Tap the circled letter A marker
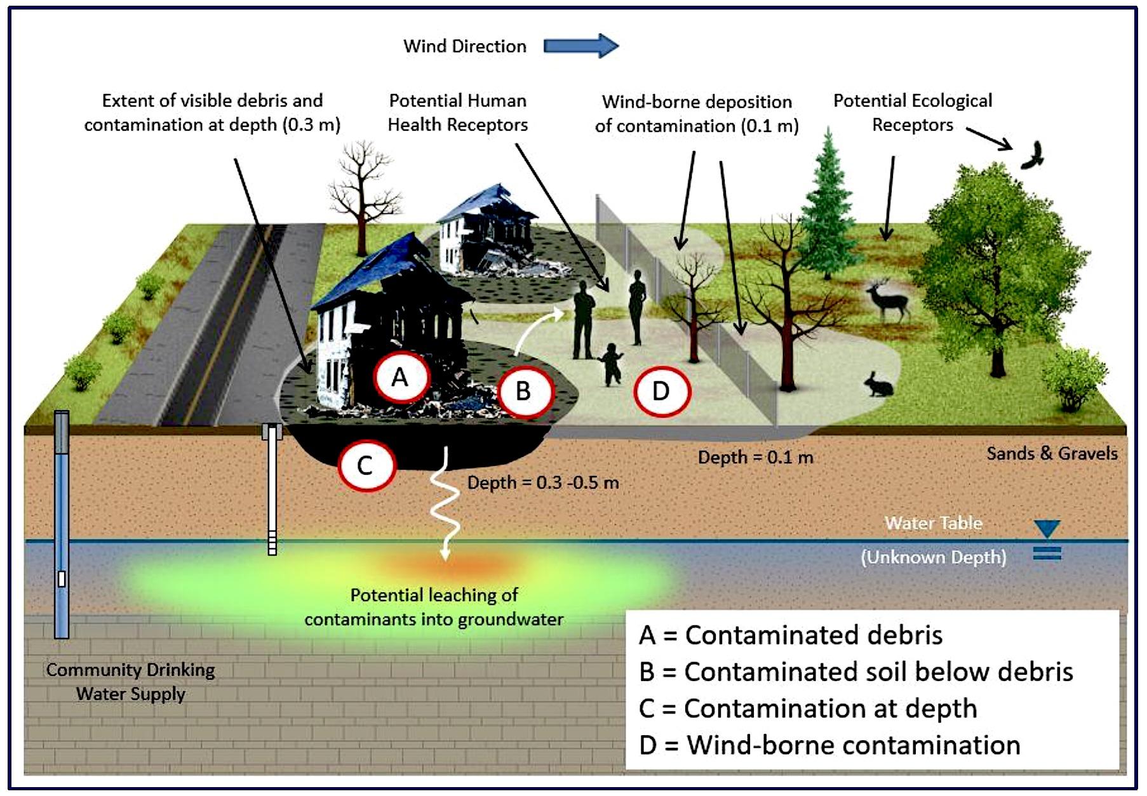pos(400,377)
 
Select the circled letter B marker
pos(523,391)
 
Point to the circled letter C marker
pos(365,465)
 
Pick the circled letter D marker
pos(661,391)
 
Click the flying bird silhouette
pos(1033,156)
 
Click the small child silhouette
pos(611,364)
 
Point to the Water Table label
pos(933,523)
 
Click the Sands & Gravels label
pos(1052,453)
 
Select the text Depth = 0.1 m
pos(755,457)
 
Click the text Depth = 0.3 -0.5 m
pos(543,482)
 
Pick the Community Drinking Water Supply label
pos(131,682)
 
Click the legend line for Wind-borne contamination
pos(829,745)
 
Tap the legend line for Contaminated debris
pos(791,635)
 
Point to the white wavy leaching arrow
pos(445,501)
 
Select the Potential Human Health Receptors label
pos(457,112)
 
